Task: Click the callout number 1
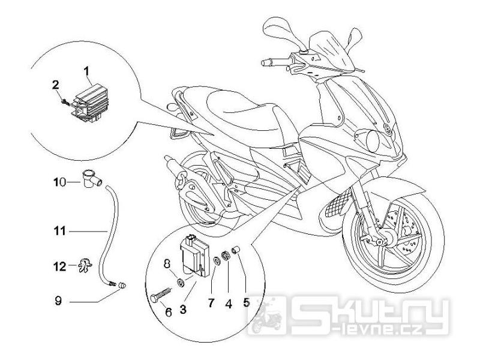(87, 71)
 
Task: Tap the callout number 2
(55, 85)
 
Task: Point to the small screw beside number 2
(65, 101)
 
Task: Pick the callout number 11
(59, 231)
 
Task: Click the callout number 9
(58, 301)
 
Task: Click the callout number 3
(183, 310)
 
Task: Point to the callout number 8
(167, 263)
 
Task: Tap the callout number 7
(211, 304)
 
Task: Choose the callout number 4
(229, 304)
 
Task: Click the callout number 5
(246, 302)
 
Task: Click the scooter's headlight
(372, 140)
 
